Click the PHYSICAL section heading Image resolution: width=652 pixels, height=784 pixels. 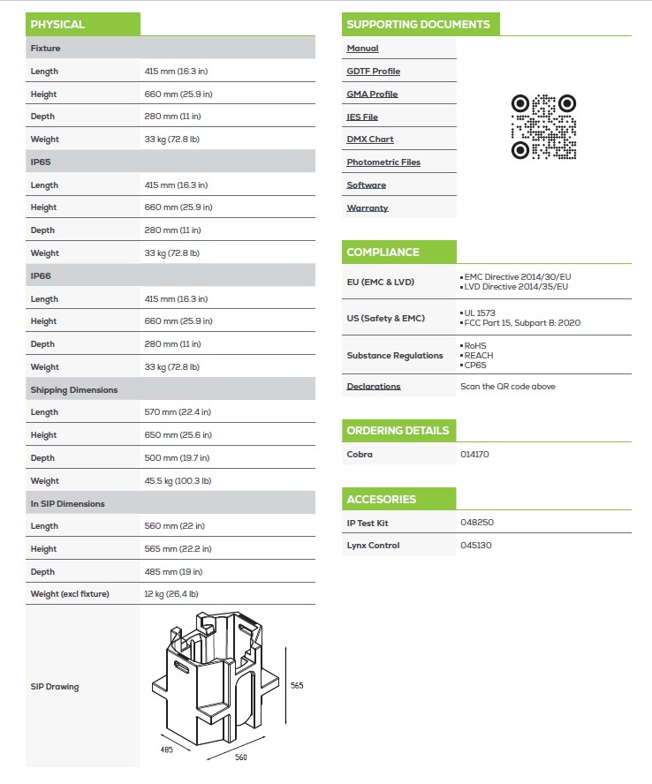coord(57,25)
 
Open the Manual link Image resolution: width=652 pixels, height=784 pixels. coord(362,49)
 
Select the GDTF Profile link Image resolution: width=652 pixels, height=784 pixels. coord(373,72)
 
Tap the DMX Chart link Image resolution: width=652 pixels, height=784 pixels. coord(370,139)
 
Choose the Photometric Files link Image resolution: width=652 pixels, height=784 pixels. coord(383,162)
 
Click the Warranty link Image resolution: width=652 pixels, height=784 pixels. coord(368,208)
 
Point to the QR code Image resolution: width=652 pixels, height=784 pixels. coord(544,127)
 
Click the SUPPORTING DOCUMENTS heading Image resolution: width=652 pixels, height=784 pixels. coord(418,25)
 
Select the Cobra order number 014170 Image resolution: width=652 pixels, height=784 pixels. coord(474,455)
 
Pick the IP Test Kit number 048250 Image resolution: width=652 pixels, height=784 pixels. coord(477,523)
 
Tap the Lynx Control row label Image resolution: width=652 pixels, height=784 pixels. coord(373,546)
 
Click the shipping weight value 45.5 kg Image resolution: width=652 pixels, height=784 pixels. coord(178,481)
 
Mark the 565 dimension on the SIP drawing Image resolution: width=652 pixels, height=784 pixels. coord(298,686)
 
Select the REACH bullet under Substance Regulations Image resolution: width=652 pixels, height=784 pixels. coord(478,355)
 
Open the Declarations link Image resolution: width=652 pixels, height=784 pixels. coord(374,387)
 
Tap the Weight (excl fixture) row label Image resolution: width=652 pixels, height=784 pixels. coord(70,594)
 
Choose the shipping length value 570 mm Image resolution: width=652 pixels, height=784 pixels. coord(178,412)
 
